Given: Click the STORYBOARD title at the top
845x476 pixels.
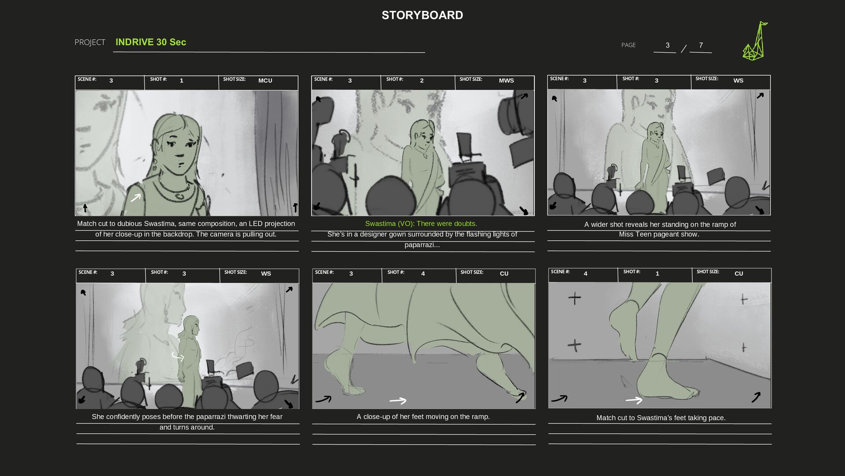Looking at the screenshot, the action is [422, 15].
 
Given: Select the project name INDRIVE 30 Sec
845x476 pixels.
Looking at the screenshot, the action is [151, 42].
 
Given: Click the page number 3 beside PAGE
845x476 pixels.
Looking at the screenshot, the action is [667, 45].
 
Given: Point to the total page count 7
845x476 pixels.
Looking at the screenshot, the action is [701, 45].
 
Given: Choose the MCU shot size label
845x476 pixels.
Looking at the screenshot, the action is [265, 80].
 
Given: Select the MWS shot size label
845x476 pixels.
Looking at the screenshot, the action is [506, 80].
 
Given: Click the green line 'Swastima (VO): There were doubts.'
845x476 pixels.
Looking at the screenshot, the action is [421, 223].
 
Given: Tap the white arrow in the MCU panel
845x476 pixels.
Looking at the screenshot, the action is [136, 197].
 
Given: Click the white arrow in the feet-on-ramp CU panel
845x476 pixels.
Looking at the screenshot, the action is [398, 401].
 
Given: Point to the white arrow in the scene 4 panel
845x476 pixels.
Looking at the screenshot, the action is [634, 400].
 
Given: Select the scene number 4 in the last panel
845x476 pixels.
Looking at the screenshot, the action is [585, 273].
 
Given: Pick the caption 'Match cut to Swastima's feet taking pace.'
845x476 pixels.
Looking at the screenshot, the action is [661, 417].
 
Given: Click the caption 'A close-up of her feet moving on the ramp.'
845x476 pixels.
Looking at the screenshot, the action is [423, 416].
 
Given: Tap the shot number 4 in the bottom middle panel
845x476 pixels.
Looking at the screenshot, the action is [423, 273].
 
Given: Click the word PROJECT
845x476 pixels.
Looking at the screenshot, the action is [90, 42].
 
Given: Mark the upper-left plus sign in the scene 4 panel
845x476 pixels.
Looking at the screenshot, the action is [574, 298].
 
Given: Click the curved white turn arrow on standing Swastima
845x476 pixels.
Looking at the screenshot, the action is [178, 357].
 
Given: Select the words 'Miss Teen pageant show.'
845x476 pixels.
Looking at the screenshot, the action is [659, 234].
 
